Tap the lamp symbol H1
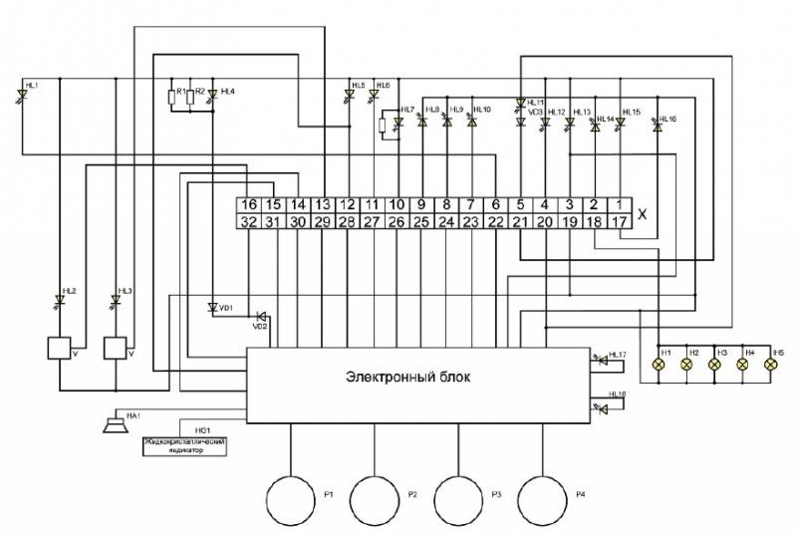tap(658, 366)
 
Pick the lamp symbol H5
tap(769, 366)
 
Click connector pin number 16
tap(249, 205)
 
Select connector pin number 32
tap(249, 222)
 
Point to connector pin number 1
tap(619, 205)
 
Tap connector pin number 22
tap(495, 222)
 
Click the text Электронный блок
tap(404, 378)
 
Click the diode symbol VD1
tap(212, 308)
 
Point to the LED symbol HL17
tap(600, 361)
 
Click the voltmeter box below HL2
tap(61, 350)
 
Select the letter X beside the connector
tap(642, 213)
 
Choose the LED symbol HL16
tap(657, 124)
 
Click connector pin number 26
tap(397, 222)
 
